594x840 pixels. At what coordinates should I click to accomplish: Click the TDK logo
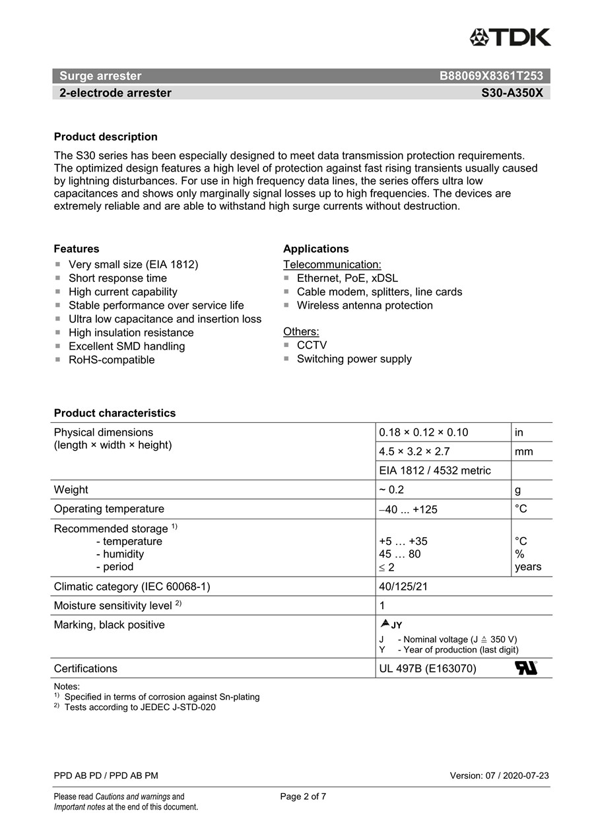510,37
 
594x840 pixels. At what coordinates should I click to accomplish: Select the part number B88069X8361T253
491,76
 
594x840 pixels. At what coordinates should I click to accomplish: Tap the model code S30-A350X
511,93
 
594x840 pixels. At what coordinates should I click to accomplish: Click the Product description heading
106,137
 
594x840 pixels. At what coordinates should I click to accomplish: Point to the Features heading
77,249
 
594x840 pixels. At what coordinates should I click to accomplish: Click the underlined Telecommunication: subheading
332,265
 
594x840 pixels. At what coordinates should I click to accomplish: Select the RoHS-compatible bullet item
112,360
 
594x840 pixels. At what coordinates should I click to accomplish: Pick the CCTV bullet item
312,345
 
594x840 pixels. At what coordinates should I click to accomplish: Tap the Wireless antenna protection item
364,306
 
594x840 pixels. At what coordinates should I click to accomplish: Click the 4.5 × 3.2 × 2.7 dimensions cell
414,451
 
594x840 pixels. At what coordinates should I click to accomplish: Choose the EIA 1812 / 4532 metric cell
435,470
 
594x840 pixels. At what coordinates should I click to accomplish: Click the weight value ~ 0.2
391,490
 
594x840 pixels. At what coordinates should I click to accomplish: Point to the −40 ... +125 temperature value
408,509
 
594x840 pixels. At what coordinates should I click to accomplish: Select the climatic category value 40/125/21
403,587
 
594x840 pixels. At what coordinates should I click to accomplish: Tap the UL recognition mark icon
525,668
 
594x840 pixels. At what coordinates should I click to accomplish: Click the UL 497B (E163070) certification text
428,668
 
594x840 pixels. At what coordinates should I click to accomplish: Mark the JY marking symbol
391,624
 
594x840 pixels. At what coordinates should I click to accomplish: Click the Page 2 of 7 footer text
303,796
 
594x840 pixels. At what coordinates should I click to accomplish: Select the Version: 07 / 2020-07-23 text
499,775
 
